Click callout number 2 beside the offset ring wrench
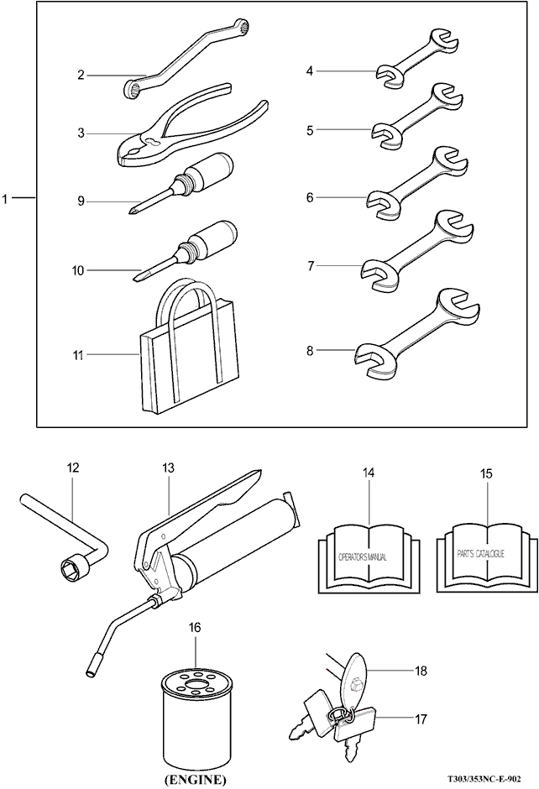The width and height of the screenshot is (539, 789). coord(81,75)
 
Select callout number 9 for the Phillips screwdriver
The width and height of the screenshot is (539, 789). coord(81,201)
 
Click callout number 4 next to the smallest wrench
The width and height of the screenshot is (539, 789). coord(310,71)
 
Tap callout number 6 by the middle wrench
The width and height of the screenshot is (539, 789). coord(310,198)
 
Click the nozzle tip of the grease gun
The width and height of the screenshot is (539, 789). coord(92,671)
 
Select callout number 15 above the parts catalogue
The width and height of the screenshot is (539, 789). coord(486,473)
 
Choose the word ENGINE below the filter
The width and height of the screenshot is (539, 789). coord(194,780)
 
